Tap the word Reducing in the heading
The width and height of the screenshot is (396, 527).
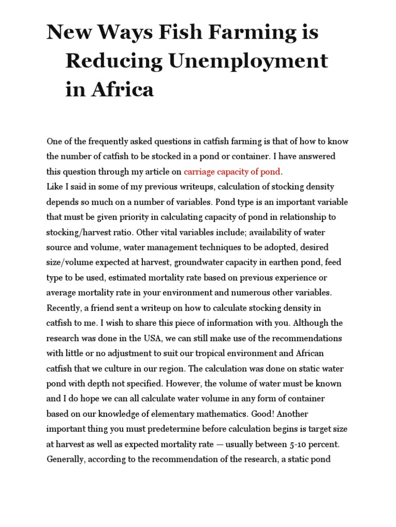point(106,61)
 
